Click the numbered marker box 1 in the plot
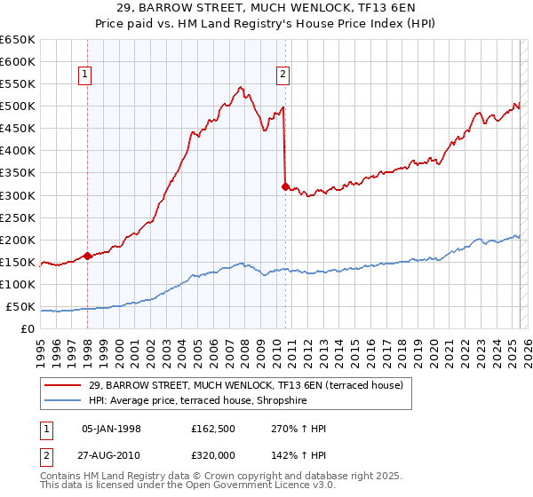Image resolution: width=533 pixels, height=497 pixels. click(x=86, y=75)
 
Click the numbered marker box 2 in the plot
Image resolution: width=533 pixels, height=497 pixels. click(x=282, y=75)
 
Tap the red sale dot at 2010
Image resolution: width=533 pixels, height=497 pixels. click(x=285, y=186)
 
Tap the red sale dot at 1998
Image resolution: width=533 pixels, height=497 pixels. click(x=88, y=256)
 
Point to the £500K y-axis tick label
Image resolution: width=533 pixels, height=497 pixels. click(x=19, y=106)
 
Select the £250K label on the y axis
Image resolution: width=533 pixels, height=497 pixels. click(x=19, y=217)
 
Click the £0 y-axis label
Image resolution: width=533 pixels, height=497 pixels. click(x=28, y=329)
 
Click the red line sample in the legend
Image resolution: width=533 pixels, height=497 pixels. click(x=58, y=384)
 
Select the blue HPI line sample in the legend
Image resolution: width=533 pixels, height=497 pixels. click(x=58, y=399)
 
